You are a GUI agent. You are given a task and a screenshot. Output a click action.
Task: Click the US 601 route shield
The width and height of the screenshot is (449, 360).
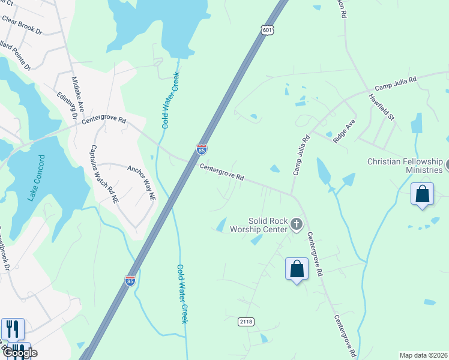pyautogui.click(x=268, y=29)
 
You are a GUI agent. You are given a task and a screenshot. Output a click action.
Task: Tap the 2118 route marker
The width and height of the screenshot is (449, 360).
pyautogui.click(x=246, y=322)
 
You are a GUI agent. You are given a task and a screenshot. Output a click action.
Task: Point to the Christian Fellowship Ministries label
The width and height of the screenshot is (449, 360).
pyautogui.click(x=405, y=166)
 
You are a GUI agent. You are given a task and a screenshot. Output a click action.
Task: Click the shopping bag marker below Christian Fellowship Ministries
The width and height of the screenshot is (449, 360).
pyautogui.click(x=423, y=195)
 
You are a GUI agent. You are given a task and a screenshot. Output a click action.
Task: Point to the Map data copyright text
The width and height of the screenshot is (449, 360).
pyautogui.click(x=423, y=355)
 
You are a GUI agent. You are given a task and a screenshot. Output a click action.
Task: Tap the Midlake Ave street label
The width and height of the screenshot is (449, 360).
pyautogui.click(x=79, y=94)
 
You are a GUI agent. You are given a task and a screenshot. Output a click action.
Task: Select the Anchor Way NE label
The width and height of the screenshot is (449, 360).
pyautogui.click(x=141, y=182)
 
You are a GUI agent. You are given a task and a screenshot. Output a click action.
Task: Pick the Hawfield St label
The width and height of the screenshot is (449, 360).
pyautogui.click(x=382, y=107)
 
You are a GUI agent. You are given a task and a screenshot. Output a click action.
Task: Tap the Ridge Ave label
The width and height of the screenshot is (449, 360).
pyautogui.click(x=345, y=130)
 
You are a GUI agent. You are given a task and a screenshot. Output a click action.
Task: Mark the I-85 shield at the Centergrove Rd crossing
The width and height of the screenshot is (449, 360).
pyautogui.click(x=202, y=148)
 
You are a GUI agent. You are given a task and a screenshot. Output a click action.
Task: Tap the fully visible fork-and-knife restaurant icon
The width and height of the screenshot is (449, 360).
pyautogui.click(x=13, y=329)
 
